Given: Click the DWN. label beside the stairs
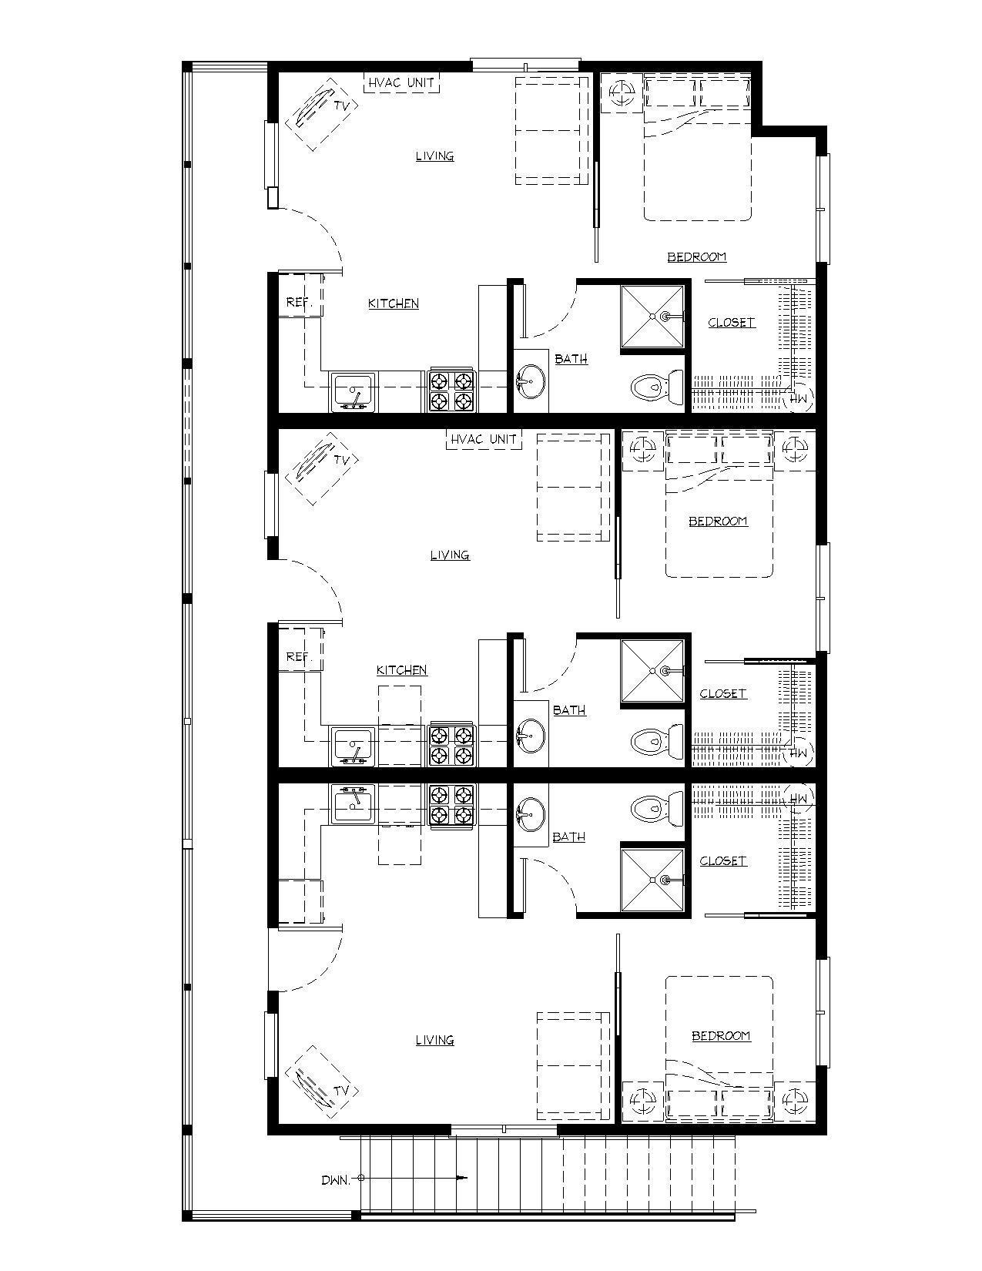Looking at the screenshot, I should [x=336, y=1179].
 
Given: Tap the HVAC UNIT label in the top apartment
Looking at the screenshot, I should [x=401, y=82].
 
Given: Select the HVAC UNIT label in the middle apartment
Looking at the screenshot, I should [x=483, y=439].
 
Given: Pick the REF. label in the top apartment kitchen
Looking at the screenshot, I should [x=298, y=302].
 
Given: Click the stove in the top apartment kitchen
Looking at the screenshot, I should [x=452, y=391].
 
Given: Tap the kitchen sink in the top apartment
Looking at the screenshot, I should [x=354, y=391].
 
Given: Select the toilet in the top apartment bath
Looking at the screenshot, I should [x=657, y=386].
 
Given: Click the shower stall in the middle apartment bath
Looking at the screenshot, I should [x=652, y=671].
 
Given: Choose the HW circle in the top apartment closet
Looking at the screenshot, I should [x=799, y=397].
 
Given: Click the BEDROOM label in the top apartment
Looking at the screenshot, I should [x=696, y=257].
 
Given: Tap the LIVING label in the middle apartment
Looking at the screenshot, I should [x=450, y=555].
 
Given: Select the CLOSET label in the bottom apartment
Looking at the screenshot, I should [x=722, y=860].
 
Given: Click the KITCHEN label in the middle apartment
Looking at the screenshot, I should [x=401, y=670].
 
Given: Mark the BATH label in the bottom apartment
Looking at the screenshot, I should [x=568, y=837].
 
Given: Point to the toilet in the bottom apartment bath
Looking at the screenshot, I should [x=657, y=808].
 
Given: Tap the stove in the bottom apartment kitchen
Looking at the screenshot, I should [x=452, y=807].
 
